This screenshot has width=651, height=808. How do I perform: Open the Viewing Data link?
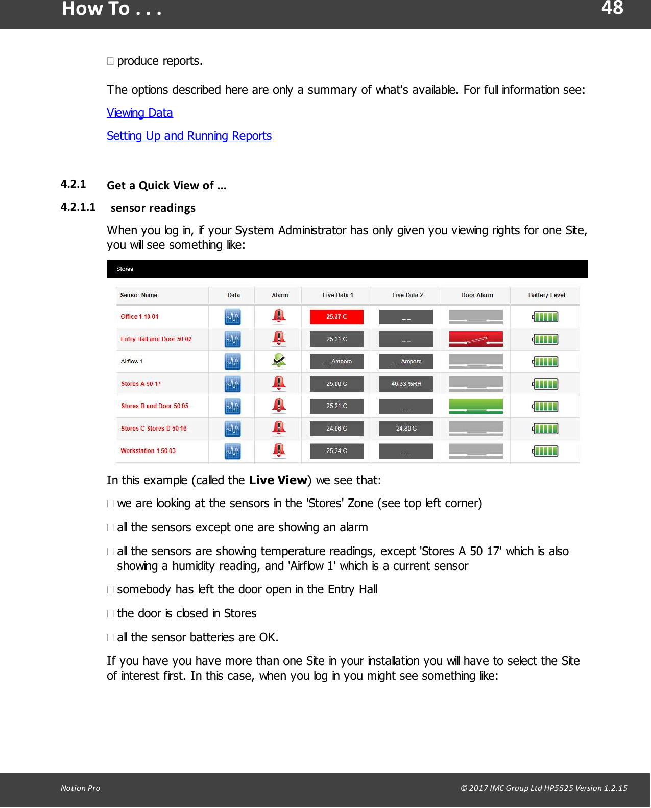139,113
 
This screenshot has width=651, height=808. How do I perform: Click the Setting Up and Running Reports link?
189,136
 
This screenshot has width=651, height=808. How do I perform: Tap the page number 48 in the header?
612,8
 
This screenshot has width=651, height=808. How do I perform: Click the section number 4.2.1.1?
78,207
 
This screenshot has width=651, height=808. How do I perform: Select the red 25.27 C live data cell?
336,317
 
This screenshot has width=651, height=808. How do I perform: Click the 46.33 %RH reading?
406,384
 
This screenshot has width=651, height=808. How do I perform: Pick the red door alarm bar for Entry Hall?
476,339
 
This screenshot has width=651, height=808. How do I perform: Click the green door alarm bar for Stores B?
476,406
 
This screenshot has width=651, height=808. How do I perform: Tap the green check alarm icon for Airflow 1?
279,361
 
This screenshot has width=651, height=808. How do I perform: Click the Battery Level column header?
546,295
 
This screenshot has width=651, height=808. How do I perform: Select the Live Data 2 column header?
407,295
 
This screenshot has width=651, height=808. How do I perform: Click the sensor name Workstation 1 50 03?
148,451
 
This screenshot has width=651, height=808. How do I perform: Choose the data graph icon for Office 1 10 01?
232,317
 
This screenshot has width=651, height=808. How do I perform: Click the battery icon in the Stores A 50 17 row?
545,384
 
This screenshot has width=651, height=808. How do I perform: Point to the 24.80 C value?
406,429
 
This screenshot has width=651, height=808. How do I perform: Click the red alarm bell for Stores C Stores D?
279,428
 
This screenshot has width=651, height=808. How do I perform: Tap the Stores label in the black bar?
125,269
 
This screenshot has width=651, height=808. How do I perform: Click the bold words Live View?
278,480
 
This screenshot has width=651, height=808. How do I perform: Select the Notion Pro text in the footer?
80,788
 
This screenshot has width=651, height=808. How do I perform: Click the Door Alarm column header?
477,295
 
